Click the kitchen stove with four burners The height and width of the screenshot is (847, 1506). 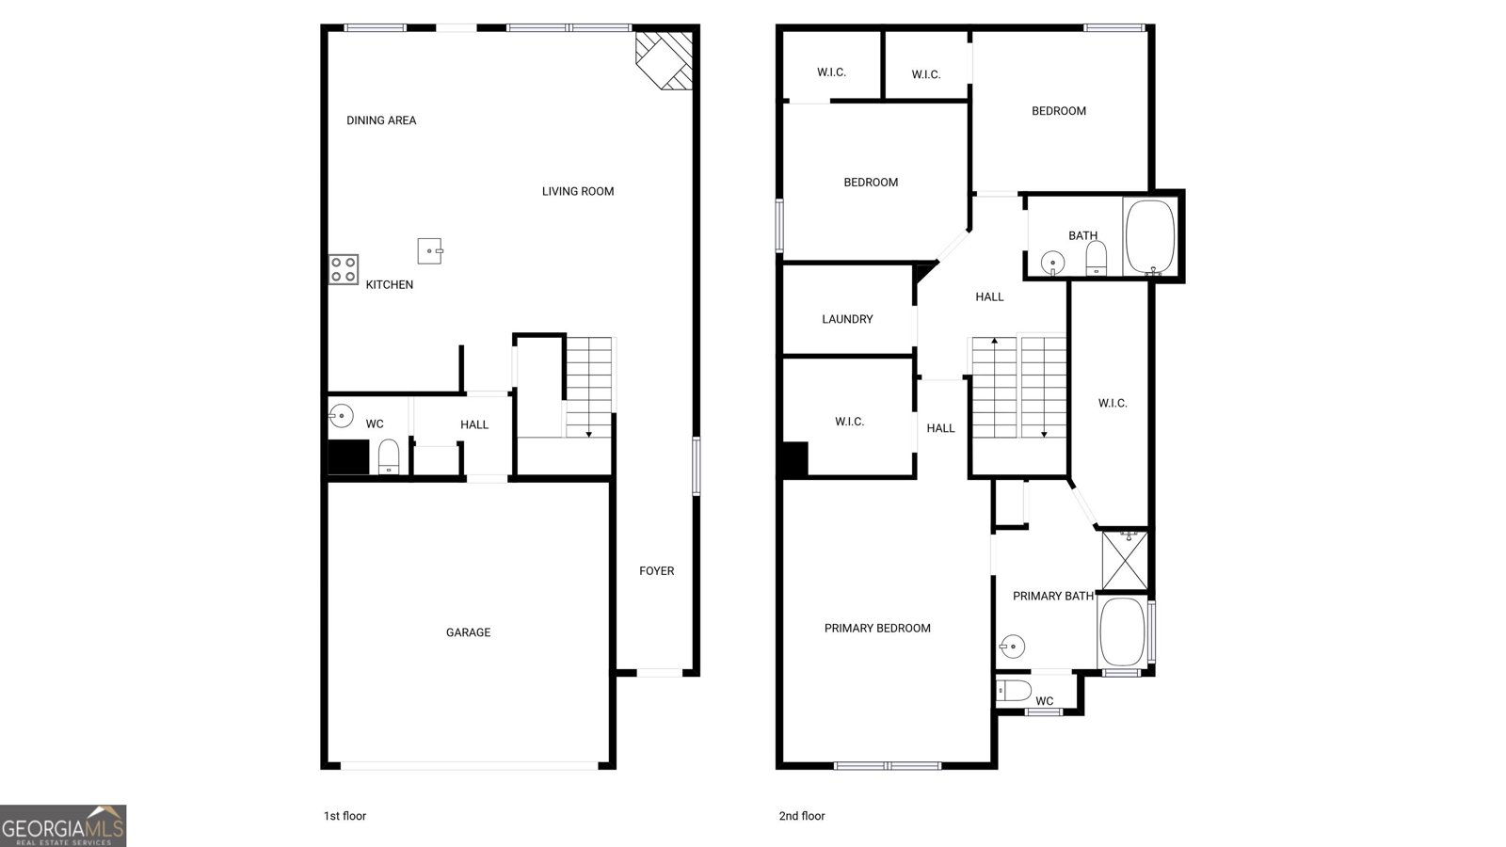tap(344, 270)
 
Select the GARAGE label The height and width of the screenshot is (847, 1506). tap(468, 632)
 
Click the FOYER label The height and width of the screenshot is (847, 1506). tap(656, 570)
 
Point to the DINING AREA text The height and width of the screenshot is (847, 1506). tap(381, 120)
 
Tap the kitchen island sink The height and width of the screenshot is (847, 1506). tap(430, 251)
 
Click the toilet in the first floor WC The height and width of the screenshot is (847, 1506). tap(389, 457)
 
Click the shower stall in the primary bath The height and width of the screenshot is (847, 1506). tap(1124, 560)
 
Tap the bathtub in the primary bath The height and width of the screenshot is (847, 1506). tap(1121, 631)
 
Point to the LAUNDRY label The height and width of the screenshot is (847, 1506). tap(847, 319)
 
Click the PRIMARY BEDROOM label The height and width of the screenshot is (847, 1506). tap(877, 628)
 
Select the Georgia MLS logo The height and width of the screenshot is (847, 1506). tap(63, 825)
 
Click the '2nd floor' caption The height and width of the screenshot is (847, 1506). tap(801, 816)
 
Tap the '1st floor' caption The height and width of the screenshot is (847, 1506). tap(344, 816)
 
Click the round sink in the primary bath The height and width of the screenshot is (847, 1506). tap(1013, 647)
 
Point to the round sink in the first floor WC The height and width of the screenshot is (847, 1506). tap(341, 414)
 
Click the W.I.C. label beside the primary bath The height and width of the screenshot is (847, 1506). tap(1112, 403)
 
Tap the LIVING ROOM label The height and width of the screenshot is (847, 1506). tap(577, 191)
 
